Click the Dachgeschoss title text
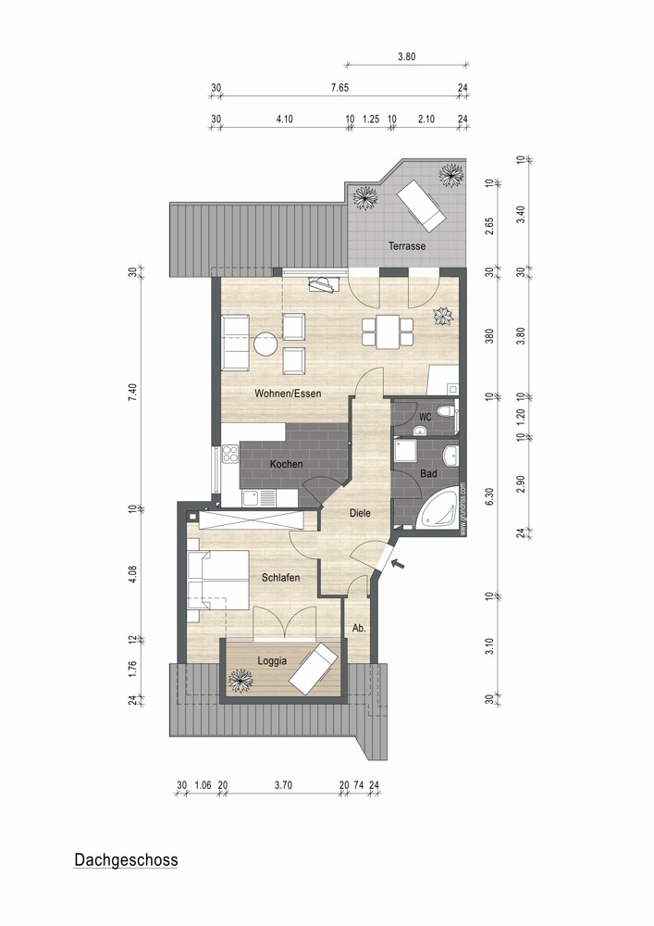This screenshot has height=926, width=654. point(125,860)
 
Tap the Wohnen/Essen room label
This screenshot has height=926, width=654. point(288,394)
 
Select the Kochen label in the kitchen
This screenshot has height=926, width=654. point(286,464)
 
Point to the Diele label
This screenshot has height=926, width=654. point(361,512)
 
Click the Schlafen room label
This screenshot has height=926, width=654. point(280,578)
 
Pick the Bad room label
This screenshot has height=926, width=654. point(428,473)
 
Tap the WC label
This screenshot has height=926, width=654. point(425,418)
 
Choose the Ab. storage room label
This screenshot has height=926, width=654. point(359,628)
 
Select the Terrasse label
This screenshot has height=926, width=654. point(407,246)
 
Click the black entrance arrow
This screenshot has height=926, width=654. point(398,562)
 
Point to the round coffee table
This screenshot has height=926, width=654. point(267,344)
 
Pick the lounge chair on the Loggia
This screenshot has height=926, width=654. point(314,668)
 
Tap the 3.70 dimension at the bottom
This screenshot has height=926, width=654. point(283,784)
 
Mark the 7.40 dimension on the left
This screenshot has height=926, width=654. point(133,391)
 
